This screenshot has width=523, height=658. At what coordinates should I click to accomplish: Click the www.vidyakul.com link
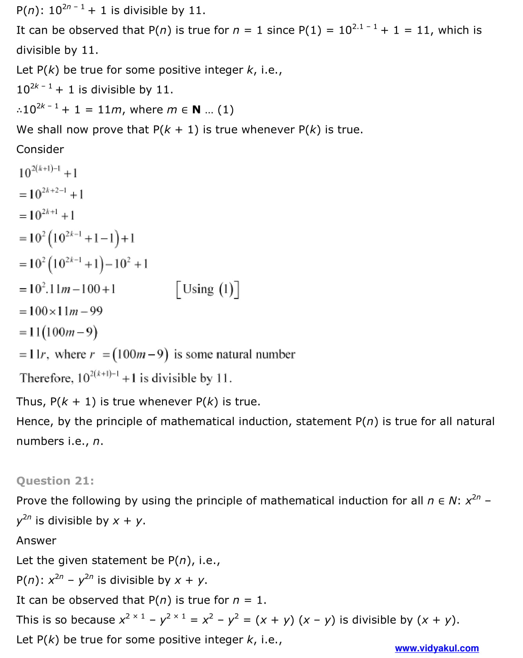pyautogui.click(x=437, y=648)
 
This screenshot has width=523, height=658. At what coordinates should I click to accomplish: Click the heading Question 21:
pyautogui.click(x=55, y=481)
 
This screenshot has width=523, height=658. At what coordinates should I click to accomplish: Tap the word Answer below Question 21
pyautogui.click(x=36, y=541)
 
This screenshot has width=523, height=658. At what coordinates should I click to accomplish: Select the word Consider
pyautogui.click(x=40, y=149)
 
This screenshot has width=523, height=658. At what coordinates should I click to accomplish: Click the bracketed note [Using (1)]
pyautogui.click(x=208, y=289)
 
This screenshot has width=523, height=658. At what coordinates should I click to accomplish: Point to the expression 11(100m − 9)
pyautogui.click(x=59, y=332)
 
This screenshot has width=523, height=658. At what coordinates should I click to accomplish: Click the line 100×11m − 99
pyautogui.click(x=61, y=311)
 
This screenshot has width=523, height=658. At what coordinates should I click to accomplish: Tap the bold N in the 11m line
pyautogui.click(x=196, y=110)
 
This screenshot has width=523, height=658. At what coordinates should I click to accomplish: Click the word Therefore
pyautogui.click(x=46, y=378)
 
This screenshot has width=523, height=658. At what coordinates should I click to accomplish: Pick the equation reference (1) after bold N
pyautogui.click(x=226, y=110)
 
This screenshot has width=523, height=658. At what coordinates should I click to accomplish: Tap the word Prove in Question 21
pyautogui.click(x=32, y=501)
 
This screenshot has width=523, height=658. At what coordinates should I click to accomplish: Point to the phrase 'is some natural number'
pyautogui.click(x=234, y=354)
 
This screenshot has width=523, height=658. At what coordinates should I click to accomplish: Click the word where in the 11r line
pyautogui.click(x=70, y=354)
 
